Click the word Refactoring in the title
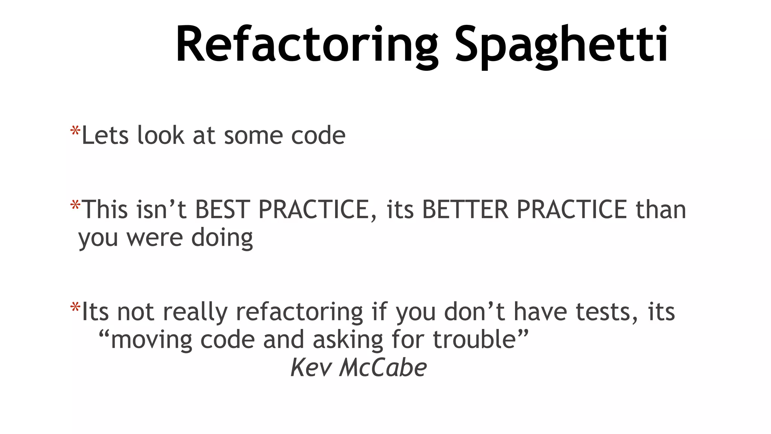pyautogui.click(x=307, y=44)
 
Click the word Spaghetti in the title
pyautogui.click(x=561, y=44)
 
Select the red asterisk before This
pyautogui.click(x=75, y=206)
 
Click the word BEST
pyautogui.click(x=222, y=209)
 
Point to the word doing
pyautogui.click(x=222, y=238)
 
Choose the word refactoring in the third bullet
pyautogui.click(x=299, y=312)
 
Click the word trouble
pyautogui.click(x=474, y=339)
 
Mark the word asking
pyautogui.click(x=348, y=339)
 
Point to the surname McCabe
pyautogui.click(x=383, y=367)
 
